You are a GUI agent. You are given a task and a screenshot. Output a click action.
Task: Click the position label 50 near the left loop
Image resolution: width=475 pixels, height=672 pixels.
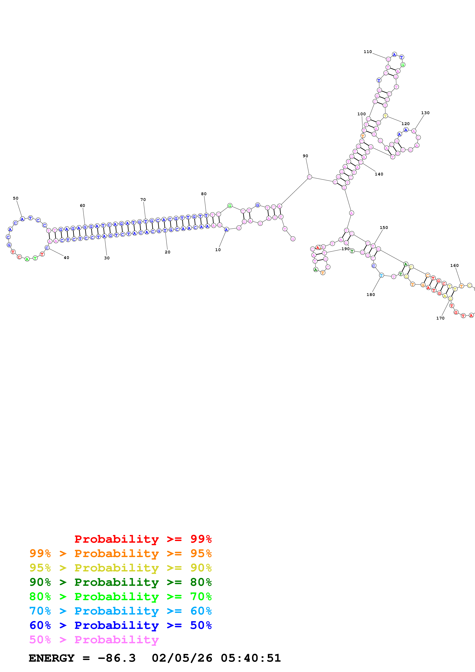[16, 198]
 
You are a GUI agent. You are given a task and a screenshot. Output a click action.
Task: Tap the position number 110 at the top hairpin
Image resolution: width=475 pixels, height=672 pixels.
[368, 52]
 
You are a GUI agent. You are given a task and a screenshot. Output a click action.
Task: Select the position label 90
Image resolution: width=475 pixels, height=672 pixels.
[305, 156]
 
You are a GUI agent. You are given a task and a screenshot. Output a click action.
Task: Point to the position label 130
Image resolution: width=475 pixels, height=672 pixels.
[425, 113]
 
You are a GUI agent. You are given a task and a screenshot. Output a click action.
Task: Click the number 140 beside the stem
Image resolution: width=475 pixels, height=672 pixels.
[379, 174]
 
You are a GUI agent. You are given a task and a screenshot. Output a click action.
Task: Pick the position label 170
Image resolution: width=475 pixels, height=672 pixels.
[440, 318]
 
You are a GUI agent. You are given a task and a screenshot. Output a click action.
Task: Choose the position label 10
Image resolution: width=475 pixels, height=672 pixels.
[218, 250]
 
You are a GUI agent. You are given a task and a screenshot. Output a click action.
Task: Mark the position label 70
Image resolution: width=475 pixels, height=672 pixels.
[143, 200]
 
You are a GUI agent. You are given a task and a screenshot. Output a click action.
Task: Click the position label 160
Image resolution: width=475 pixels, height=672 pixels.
[454, 266]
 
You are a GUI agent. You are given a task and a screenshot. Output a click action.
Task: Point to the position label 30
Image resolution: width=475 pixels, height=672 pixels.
[107, 258]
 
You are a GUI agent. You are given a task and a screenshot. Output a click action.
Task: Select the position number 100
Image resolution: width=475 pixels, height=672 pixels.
[361, 114]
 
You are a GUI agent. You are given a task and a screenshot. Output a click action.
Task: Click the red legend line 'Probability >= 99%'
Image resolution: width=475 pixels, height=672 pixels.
[143, 539]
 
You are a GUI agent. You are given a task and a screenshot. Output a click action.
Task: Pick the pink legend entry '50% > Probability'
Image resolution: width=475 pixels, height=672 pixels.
[94, 639]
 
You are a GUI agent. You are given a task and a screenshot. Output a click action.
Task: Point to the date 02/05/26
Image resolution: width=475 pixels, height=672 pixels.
[182, 658]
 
